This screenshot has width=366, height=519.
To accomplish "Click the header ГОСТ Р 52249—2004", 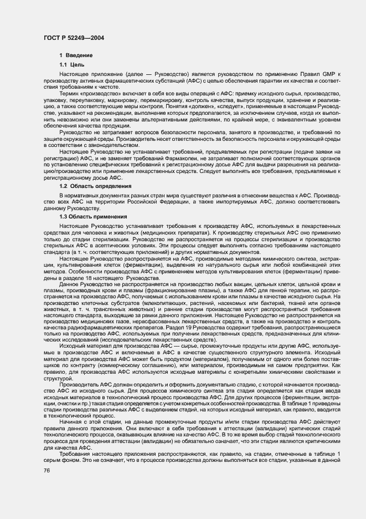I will (74, 37).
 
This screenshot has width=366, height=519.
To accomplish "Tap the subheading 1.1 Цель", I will (72, 65).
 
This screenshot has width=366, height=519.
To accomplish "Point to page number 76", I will (46, 470).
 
